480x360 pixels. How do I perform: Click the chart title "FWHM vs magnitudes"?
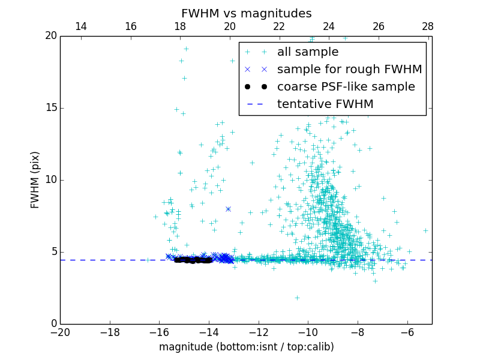point(246,13)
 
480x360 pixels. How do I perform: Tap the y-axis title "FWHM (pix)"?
point(35,179)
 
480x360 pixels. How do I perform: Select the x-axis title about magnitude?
point(246,347)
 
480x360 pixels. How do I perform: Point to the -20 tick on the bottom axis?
point(60,332)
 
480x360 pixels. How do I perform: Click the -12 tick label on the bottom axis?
point(258,332)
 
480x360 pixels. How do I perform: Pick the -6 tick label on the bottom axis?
point(407,332)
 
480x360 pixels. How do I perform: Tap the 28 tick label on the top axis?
point(428,26)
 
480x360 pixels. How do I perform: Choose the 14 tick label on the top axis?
point(81,26)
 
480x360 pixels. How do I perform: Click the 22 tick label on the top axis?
point(279,26)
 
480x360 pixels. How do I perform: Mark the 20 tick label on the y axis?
point(50,36)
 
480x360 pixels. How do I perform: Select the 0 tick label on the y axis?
point(53,324)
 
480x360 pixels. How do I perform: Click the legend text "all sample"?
point(308,52)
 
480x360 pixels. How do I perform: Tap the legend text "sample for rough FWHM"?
point(349,70)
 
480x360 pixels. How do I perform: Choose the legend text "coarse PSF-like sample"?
point(346,87)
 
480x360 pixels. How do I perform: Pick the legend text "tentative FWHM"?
point(325,104)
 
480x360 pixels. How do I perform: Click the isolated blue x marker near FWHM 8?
point(228,209)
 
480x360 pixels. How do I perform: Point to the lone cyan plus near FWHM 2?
point(296,298)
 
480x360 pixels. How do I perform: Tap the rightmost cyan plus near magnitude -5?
point(425,230)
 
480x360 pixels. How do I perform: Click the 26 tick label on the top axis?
point(379,26)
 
